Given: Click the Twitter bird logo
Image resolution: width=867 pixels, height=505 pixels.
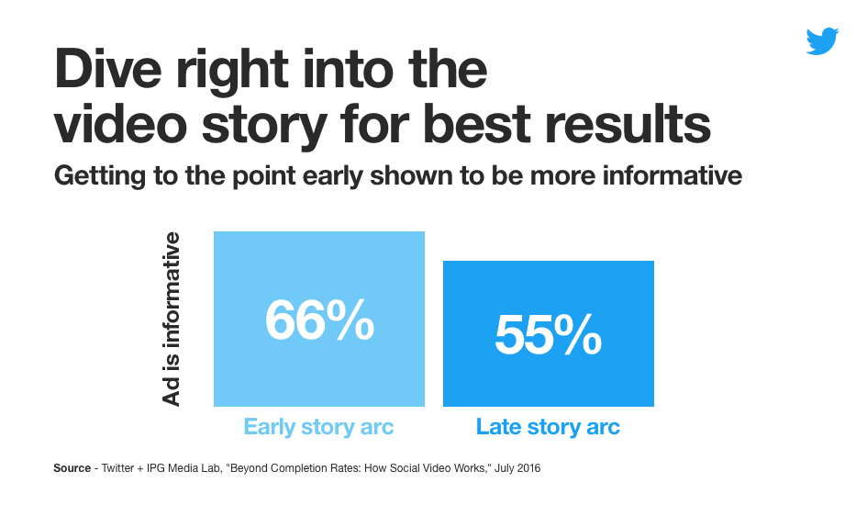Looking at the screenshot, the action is [822, 41].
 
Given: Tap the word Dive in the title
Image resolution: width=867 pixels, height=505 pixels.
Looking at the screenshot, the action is [108, 69].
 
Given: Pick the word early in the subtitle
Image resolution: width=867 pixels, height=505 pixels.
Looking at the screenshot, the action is [333, 177].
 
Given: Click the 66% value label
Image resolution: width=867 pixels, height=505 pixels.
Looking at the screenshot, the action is [319, 320].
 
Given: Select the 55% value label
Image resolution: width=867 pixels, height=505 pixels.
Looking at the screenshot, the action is [548, 334].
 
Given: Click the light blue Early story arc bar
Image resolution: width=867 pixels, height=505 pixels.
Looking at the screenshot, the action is [319, 319].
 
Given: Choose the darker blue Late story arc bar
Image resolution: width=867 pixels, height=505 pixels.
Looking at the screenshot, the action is [549, 333].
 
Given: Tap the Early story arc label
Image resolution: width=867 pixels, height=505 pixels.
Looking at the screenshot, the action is [318, 427].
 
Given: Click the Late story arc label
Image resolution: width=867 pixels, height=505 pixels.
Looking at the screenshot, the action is [548, 427].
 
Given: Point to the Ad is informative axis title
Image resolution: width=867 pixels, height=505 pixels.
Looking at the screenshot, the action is [171, 319].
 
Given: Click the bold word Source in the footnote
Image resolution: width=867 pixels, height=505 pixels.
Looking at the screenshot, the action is [72, 468].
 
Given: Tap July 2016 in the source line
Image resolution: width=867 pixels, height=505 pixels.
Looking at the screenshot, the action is [517, 468].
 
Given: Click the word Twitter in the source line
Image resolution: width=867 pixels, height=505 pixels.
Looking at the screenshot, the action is [117, 468].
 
